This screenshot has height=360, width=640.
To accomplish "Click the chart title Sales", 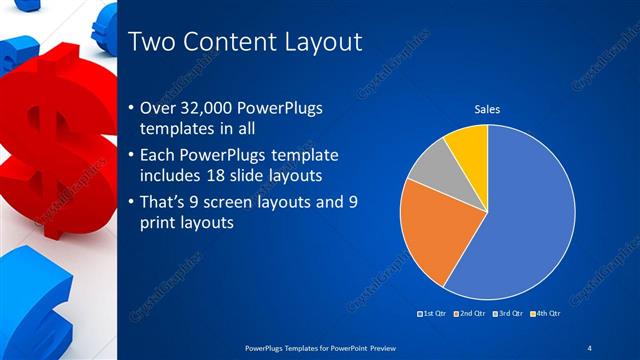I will pyautogui.click(x=487, y=110).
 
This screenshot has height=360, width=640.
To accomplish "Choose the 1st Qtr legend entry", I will pyautogui.click(x=433, y=314).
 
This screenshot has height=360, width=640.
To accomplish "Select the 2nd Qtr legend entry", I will pyautogui.click(x=469, y=314).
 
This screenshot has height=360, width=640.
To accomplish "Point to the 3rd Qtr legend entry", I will pyautogui.click(x=507, y=314).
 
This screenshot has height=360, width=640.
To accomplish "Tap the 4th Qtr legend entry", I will pyautogui.click(x=544, y=314).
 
